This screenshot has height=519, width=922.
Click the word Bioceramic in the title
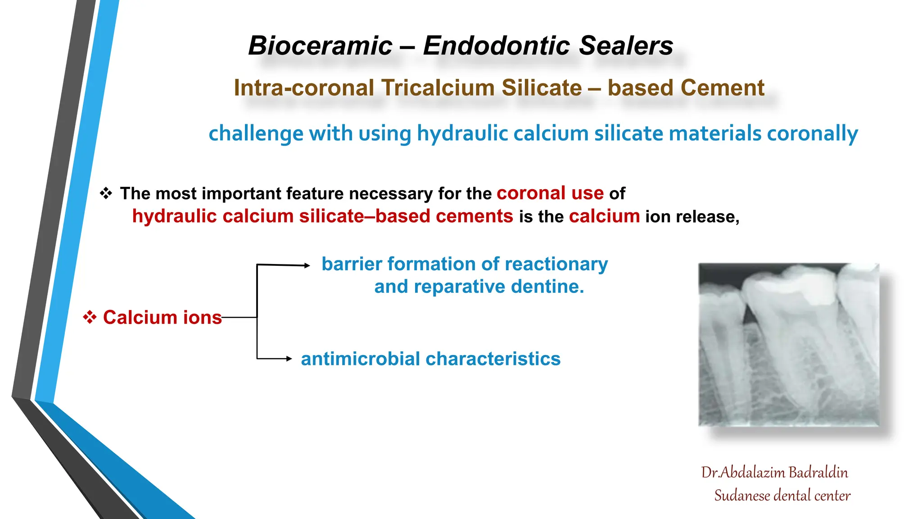320,46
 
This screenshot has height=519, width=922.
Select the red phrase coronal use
550,193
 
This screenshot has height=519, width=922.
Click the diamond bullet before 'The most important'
106,193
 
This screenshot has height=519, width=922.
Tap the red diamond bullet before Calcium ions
90,317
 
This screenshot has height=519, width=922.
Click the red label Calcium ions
162,318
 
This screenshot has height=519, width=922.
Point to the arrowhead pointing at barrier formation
307,265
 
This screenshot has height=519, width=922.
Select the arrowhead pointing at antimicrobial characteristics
289,359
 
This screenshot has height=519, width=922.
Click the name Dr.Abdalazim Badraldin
774,472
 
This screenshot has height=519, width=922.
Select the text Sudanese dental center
782,496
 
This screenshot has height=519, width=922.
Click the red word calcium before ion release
604,216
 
